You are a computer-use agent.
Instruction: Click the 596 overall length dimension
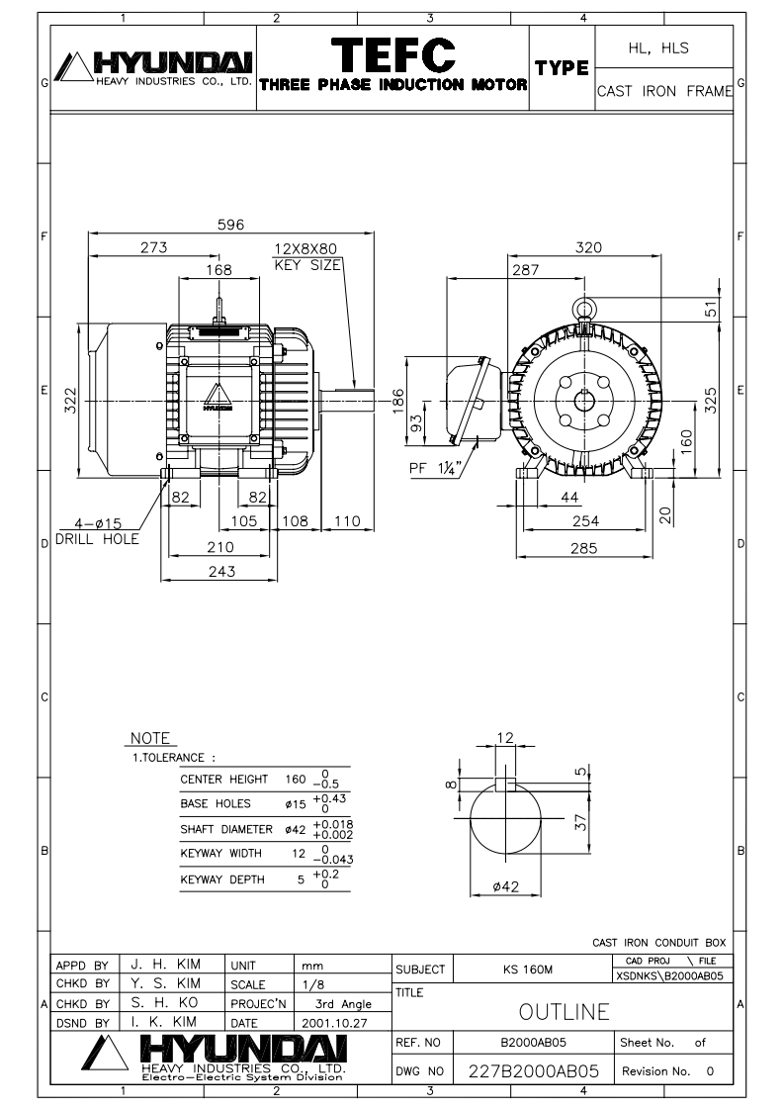coord(231,226)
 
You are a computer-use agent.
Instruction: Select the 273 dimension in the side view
coord(154,247)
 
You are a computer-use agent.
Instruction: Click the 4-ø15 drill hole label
coord(97,532)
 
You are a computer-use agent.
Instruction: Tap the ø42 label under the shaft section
coord(507,886)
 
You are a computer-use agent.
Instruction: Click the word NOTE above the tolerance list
coord(151,738)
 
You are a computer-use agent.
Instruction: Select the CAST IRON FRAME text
coord(664,92)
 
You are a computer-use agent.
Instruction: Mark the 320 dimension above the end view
coord(589,247)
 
